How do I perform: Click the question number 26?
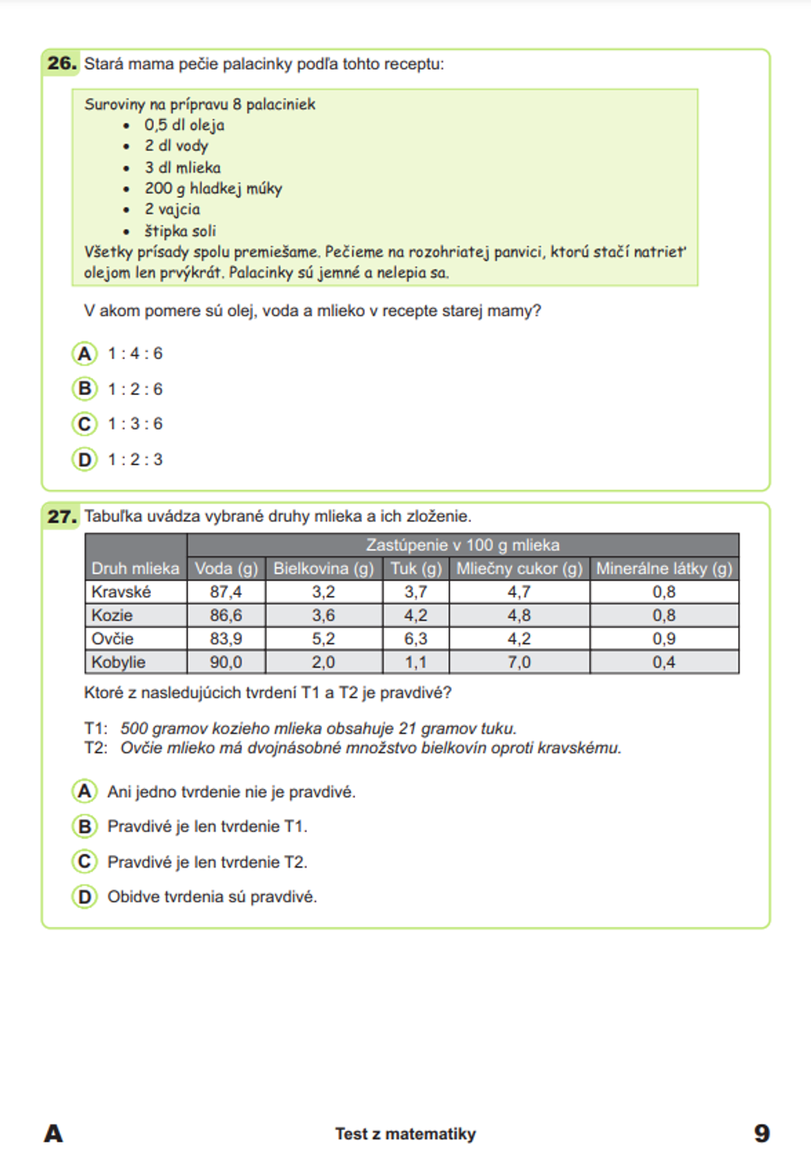[62, 63]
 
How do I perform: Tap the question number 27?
[62, 516]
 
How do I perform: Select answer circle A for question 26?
[84, 354]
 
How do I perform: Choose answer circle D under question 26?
[84, 460]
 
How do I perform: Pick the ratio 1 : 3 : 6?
[135, 424]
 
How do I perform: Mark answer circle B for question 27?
[84, 826]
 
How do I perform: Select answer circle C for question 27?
[84, 861]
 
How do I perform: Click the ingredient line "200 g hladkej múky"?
[213, 189]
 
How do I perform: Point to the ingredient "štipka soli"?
[180, 231]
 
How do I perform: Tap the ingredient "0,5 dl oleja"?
[184, 126]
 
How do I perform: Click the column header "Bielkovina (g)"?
[324, 568]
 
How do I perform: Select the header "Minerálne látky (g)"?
[664, 568]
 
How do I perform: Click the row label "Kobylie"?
[118, 662]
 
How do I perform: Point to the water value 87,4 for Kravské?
[225, 592]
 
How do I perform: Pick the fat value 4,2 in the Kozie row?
[415, 615]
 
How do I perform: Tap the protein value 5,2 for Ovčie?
[323, 639]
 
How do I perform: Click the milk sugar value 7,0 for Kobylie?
[519, 662]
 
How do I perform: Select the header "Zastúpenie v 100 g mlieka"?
[462, 545]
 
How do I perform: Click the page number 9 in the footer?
[762, 1133]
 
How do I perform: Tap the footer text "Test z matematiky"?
[405, 1134]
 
